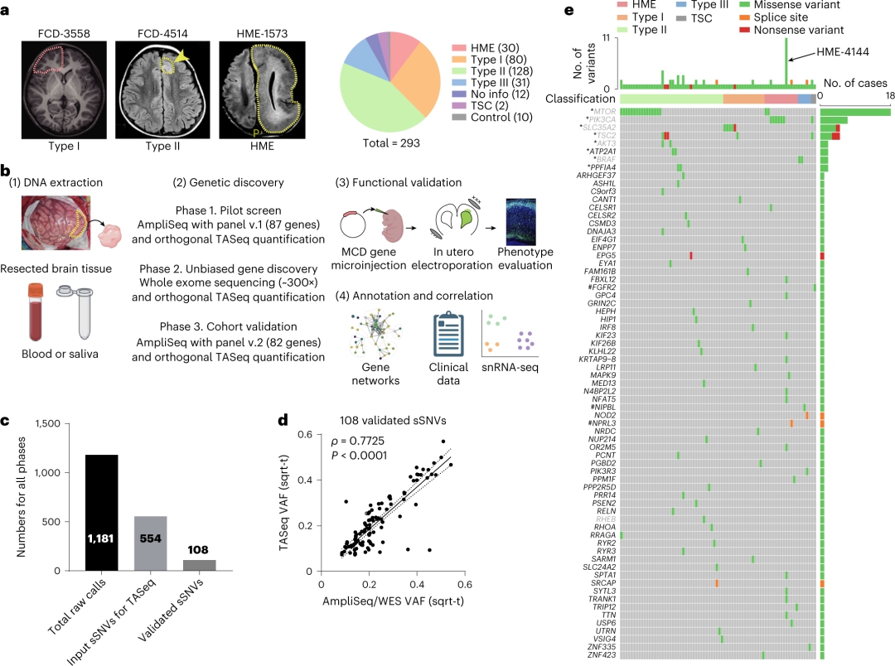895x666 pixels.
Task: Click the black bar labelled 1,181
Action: point(108,513)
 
